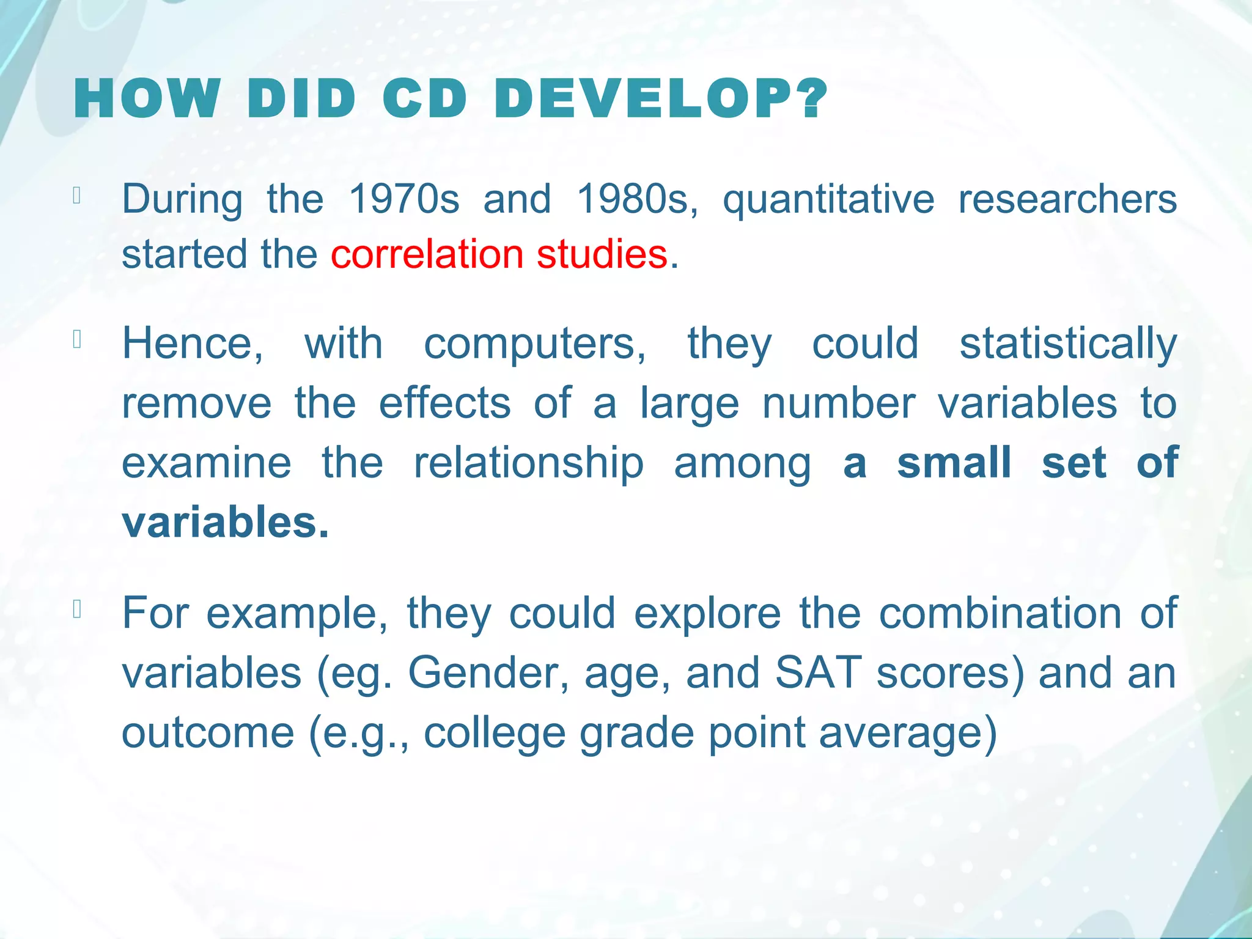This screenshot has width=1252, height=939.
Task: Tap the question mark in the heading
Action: [x=811, y=99]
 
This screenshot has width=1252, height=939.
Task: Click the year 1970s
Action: [x=403, y=199]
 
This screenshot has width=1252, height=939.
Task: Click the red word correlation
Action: [x=427, y=254]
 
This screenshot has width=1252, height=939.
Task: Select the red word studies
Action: [x=602, y=254]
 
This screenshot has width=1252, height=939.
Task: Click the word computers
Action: [x=534, y=344]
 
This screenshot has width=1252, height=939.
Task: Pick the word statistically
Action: [x=1067, y=344]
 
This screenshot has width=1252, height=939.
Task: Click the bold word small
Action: [x=954, y=463]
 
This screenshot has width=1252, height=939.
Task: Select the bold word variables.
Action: [x=225, y=523]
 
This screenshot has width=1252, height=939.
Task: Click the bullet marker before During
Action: [x=76, y=195]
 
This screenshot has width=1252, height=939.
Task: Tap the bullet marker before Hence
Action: [x=76, y=339]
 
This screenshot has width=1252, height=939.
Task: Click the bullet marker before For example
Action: [x=76, y=609]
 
